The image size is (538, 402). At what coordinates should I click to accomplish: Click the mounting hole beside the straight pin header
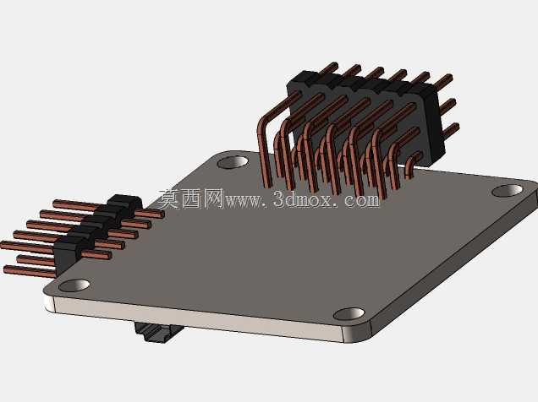(74, 285)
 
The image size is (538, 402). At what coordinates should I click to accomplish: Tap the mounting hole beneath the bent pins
(233, 162)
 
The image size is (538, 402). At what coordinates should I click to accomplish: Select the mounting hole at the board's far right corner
(507, 191)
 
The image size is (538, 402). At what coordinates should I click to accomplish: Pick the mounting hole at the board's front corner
(349, 313)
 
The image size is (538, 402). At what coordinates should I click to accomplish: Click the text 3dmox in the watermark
(303, 199)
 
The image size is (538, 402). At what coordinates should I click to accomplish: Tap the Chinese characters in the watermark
(191, 198)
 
